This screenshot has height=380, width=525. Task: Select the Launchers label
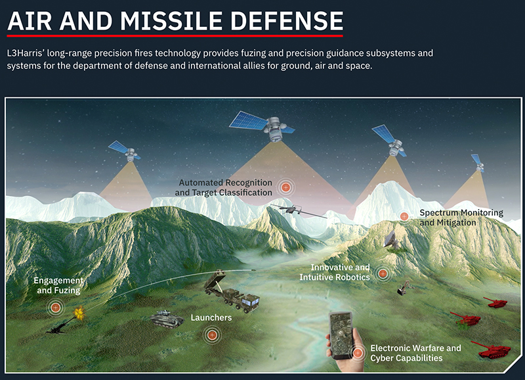point(211,318)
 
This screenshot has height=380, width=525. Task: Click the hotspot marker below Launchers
point(211,335)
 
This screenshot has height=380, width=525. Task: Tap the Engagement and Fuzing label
point(58,285)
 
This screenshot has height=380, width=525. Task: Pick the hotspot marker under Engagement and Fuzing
point(55,307)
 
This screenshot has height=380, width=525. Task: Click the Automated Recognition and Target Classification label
point(223,187)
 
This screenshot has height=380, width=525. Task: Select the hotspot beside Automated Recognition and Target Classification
point(285,188)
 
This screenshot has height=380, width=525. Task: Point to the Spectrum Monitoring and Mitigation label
point(461,218)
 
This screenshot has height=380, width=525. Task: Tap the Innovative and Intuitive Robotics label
point(335,272)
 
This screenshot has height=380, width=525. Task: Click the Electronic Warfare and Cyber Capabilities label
point(415,353)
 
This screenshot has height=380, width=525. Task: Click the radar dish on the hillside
point(392,240)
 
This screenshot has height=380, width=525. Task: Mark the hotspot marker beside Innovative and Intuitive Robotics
point(383,273)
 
